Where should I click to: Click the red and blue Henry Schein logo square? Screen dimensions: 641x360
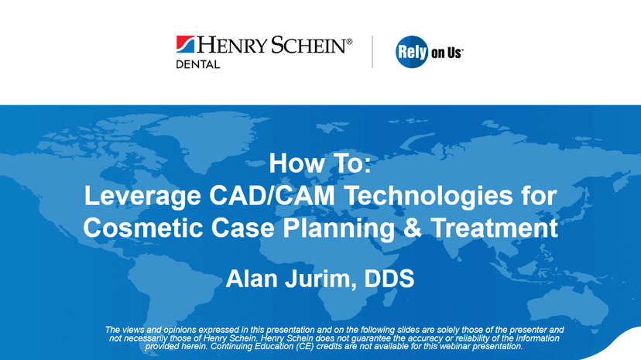pyautogui.click(x=185, y=44)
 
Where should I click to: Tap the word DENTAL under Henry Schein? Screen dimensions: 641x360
pyautogui.click(x=198, y=64)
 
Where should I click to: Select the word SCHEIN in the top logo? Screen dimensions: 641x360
pyautogui.click(x=309, y=45)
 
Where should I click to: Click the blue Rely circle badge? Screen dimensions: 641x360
pyautogui.click(x=412, y=52)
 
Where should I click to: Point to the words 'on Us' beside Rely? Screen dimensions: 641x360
pyautogui.click(x=447, y=53)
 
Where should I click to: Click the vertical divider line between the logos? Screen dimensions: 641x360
pyautogui.click(x=372, y=52)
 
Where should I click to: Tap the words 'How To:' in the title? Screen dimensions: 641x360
pyautogui.click(x=320, y=163)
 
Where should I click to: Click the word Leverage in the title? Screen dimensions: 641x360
pyautogui.click(x=142, y=197)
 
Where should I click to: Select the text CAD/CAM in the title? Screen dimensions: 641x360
pyautogui.click(x=272, y=195)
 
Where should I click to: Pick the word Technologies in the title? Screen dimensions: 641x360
pyautogui.click(x=428, y=197)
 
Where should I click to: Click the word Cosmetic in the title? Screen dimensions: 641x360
pyautogui.click(x=143, y=228)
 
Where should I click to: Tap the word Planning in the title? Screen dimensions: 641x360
pyautogui.click(x=338, y=228)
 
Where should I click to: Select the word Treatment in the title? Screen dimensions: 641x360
pyautogui.click(x=494, y=228)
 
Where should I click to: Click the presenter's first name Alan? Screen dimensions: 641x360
pyautogui.click(x=252, y=279)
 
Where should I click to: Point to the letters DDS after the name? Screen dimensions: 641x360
pyautogui.click(x=389, y=279)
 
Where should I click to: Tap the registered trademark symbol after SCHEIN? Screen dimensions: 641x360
pyautogui.click(x=349, y=41)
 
